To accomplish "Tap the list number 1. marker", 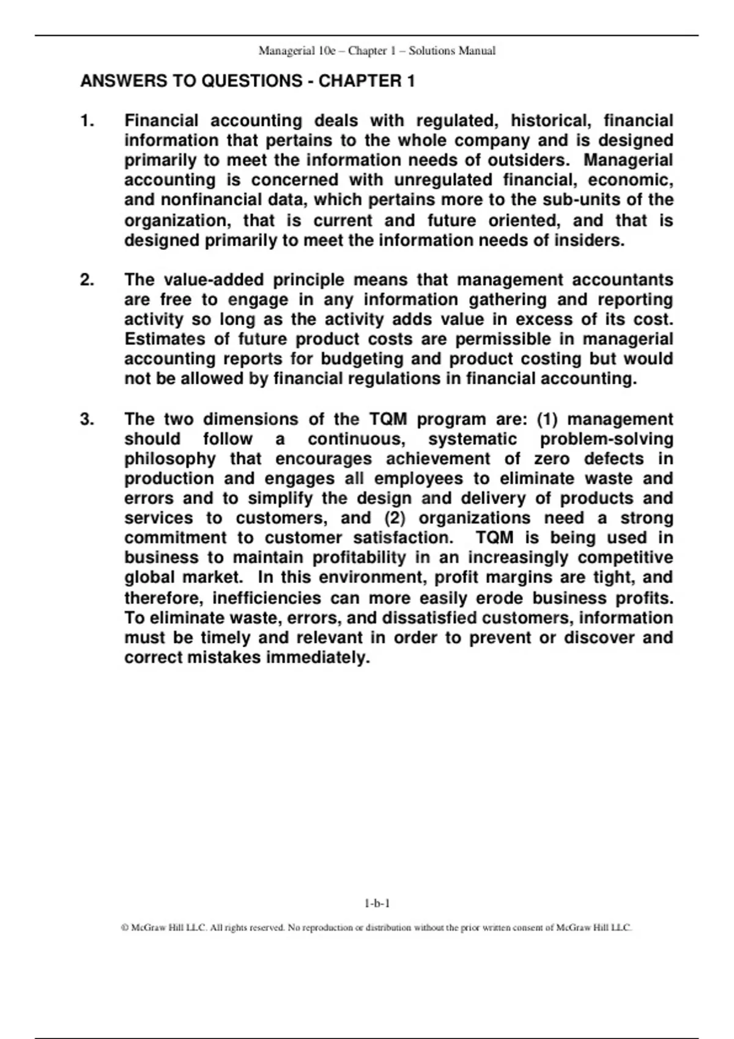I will [87, 121].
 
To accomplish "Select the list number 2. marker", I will [87, 280].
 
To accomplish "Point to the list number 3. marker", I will [87, 419].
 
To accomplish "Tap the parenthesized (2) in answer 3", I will [395, 518].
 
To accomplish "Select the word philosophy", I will [170, 459].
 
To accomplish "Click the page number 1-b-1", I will [377, 903].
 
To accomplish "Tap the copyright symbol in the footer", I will [125, 928].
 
